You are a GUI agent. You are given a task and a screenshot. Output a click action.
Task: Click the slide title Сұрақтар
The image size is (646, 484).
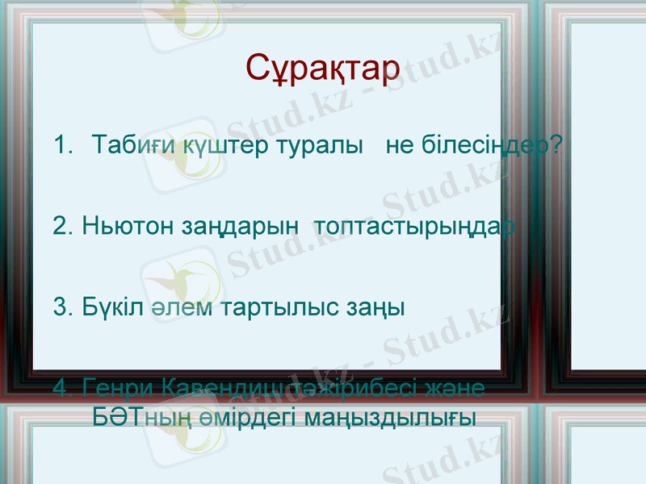tap(322, 69)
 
